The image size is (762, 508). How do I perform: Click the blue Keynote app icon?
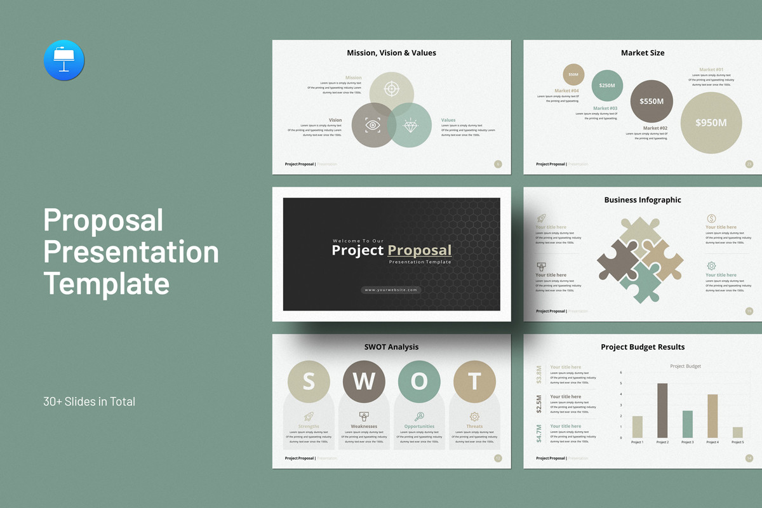click(64, 60)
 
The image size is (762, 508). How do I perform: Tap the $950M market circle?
click(711, 123)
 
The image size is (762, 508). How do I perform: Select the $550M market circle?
click(652, 101)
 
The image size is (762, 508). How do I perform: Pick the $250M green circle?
click(607, 86)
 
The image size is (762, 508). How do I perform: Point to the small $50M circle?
click(573, 74)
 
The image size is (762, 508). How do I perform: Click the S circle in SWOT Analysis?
click(309, 381)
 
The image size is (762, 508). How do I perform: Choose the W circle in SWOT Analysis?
click(364, 381)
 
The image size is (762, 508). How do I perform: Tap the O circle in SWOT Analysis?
click(419, 381)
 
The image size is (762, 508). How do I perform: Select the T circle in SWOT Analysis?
click(474, 381)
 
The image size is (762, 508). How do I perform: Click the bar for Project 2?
click(662, 410)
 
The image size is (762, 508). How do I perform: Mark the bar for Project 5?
click(737, 432)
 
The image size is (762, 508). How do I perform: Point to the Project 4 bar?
click(712, 416)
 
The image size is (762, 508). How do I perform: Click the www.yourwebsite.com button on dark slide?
click(391, 290)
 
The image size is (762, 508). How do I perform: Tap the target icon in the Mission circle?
click(392, 89)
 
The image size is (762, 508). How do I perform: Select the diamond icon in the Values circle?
click(411, 126)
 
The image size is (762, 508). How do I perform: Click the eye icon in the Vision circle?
click(373, 124)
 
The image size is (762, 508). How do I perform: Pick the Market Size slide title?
click(643, 53)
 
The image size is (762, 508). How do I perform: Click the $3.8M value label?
click(539, 374)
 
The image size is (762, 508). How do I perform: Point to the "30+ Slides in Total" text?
click(89, 401)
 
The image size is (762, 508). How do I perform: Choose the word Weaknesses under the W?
click(364, 427)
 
